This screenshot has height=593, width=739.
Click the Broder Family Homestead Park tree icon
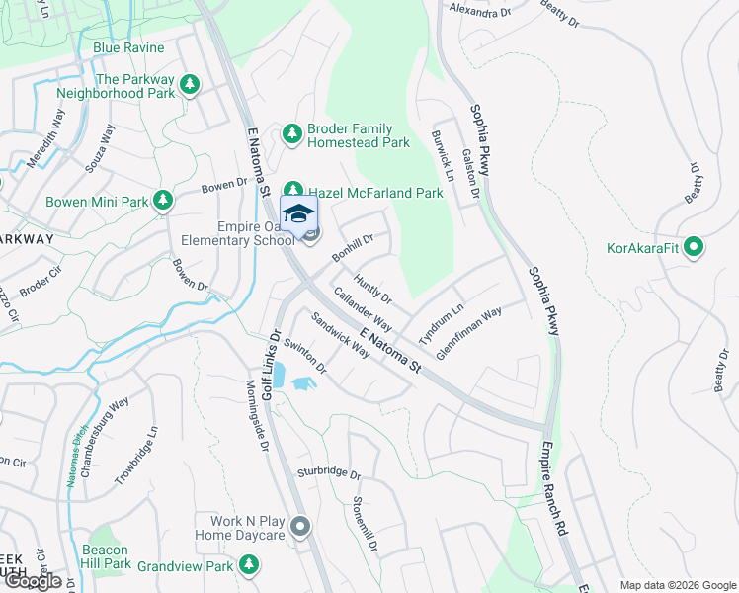(292, 132)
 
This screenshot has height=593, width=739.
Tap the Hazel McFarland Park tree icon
(294, 190)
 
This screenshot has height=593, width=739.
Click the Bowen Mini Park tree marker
(163, 202)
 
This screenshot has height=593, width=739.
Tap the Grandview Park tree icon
(250, 565)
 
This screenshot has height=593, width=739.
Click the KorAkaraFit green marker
(694, 246)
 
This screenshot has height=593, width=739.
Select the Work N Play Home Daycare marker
(300, 526)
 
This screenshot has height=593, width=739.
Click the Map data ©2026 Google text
(677, 585)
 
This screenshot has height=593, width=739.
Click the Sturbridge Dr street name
(328, 472)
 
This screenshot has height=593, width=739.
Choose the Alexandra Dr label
(479, 9)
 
